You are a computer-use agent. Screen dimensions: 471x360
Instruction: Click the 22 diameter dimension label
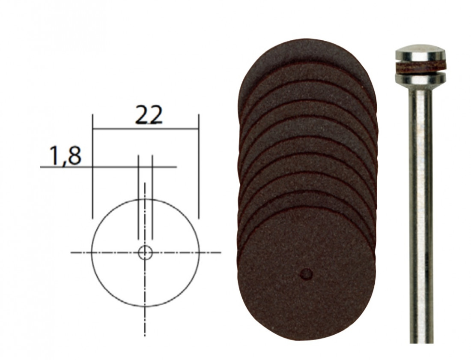[x=149, y=114]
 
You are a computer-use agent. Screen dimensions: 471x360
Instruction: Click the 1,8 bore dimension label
[x=66, y=156]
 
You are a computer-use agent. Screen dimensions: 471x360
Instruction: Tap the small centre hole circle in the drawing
[x=145, y=252]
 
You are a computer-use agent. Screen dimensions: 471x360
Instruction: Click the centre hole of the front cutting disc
[x=307, y=274]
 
